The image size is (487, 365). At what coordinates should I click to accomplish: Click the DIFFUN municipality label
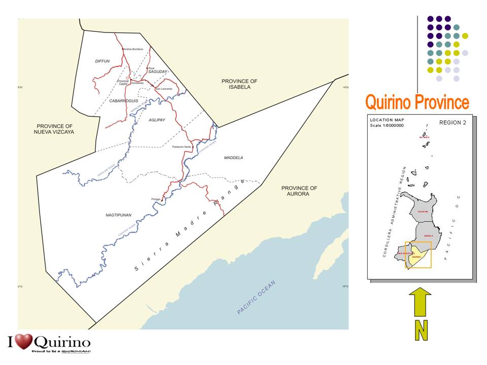coord(102,61)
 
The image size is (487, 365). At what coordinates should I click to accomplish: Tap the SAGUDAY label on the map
coord(158,72)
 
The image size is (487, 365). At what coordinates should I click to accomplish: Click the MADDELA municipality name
coord(233,158)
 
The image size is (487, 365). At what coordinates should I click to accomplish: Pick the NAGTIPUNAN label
coord(118,215)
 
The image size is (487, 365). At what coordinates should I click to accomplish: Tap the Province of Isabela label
coord(239,84)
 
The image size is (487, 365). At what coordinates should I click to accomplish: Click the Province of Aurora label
coord(299,191)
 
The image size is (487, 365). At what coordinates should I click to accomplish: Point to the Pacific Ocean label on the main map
coord(256,298)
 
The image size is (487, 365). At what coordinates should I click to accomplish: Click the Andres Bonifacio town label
coord(133,49)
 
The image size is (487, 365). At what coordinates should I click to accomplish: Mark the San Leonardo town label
coord(164,89)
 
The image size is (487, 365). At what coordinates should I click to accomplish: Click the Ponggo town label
coord(156,199)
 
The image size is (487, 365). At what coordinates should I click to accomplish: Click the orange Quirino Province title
coord(417,102)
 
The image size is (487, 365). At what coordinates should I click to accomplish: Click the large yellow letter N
coord(421,331)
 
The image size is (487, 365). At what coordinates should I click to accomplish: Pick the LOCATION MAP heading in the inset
coord(387,120)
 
